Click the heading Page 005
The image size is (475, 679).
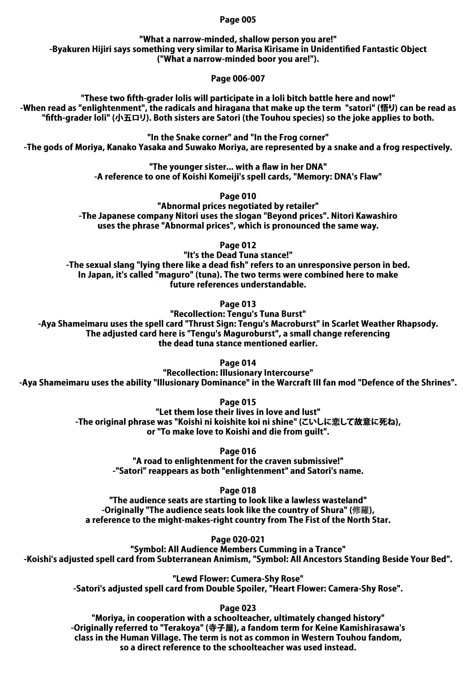(x=237, y=20)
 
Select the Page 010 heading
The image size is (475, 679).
(x=237, y=196)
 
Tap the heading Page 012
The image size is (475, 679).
(x=237, y=245)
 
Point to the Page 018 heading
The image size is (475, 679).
(x=237, y=490)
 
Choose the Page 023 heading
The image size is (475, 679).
(x=237, y=608)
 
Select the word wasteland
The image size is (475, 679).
(x=345, y=500)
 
